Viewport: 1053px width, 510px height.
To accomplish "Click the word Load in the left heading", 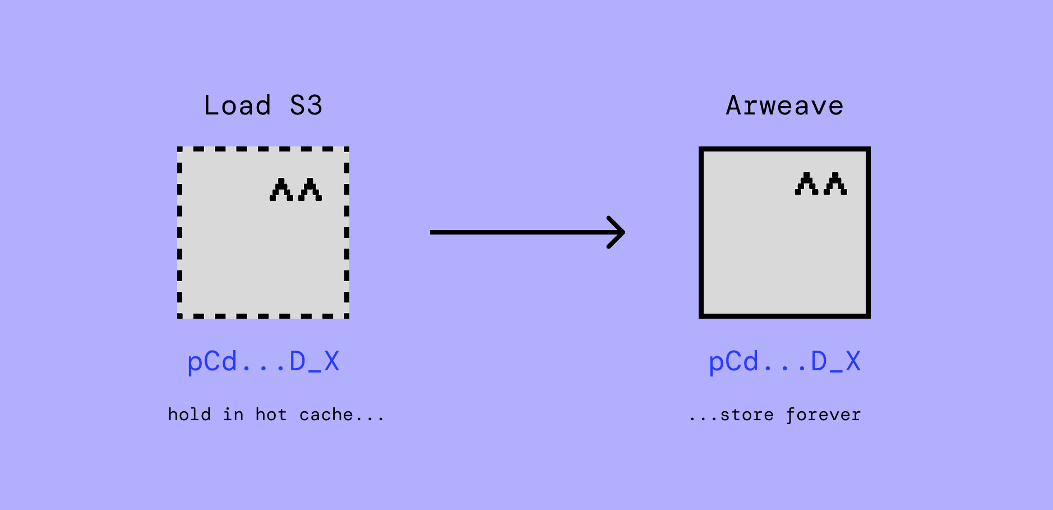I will click(x=237, y=105).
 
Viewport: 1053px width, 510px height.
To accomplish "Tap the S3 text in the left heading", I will click(x=306, y=105).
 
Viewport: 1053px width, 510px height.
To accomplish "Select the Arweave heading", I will click(x=784, y=105).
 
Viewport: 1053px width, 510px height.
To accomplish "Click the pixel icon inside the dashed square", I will click(x=295, y=190).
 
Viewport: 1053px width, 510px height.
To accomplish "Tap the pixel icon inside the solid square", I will click(x=821, y=183).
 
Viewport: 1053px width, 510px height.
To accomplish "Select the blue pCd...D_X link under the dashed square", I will click(x=263, y=362).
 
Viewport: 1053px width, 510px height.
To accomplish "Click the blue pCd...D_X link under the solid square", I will click(x=784, y=362).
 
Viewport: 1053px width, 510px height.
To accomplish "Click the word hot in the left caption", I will click(x=271, y=415).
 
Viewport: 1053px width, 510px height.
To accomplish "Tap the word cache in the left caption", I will click(x=326, y=415).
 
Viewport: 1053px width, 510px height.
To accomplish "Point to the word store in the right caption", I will click(x=747, y=415).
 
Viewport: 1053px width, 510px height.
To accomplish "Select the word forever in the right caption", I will click(x=823, y=415).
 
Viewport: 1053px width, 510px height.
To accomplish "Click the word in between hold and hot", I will click(x=233, y=415).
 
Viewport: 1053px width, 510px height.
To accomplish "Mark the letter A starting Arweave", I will click(x=733, y=105).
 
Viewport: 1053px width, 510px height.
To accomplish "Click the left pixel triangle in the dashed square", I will click(x=281, y=190).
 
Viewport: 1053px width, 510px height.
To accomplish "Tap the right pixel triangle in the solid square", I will click(x=835, y=183).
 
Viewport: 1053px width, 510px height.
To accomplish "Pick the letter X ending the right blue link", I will click(x=853, y=362).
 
